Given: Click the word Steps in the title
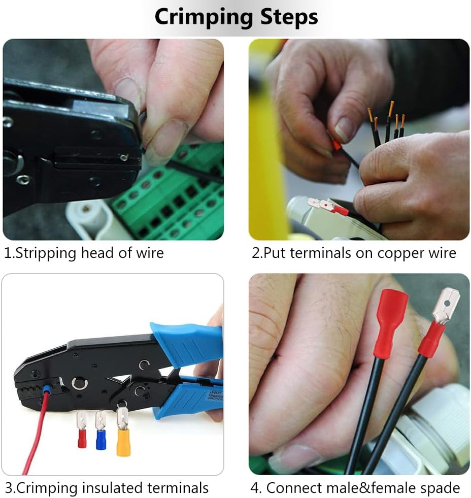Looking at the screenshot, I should (289, 17).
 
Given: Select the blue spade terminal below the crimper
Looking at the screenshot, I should (100, 438).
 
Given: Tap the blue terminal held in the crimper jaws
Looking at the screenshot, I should (47, 390).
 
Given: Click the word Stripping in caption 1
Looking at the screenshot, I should (45, 253).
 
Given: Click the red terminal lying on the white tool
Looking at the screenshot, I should (338, 208).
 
